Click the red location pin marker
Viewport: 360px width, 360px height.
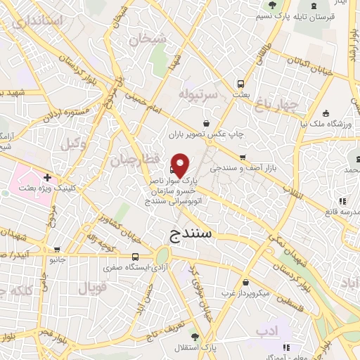(180, 165)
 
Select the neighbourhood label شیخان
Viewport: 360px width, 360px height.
(147, 38)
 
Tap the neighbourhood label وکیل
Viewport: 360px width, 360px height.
(70, 143)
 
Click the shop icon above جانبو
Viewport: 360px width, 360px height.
(56, 249)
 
